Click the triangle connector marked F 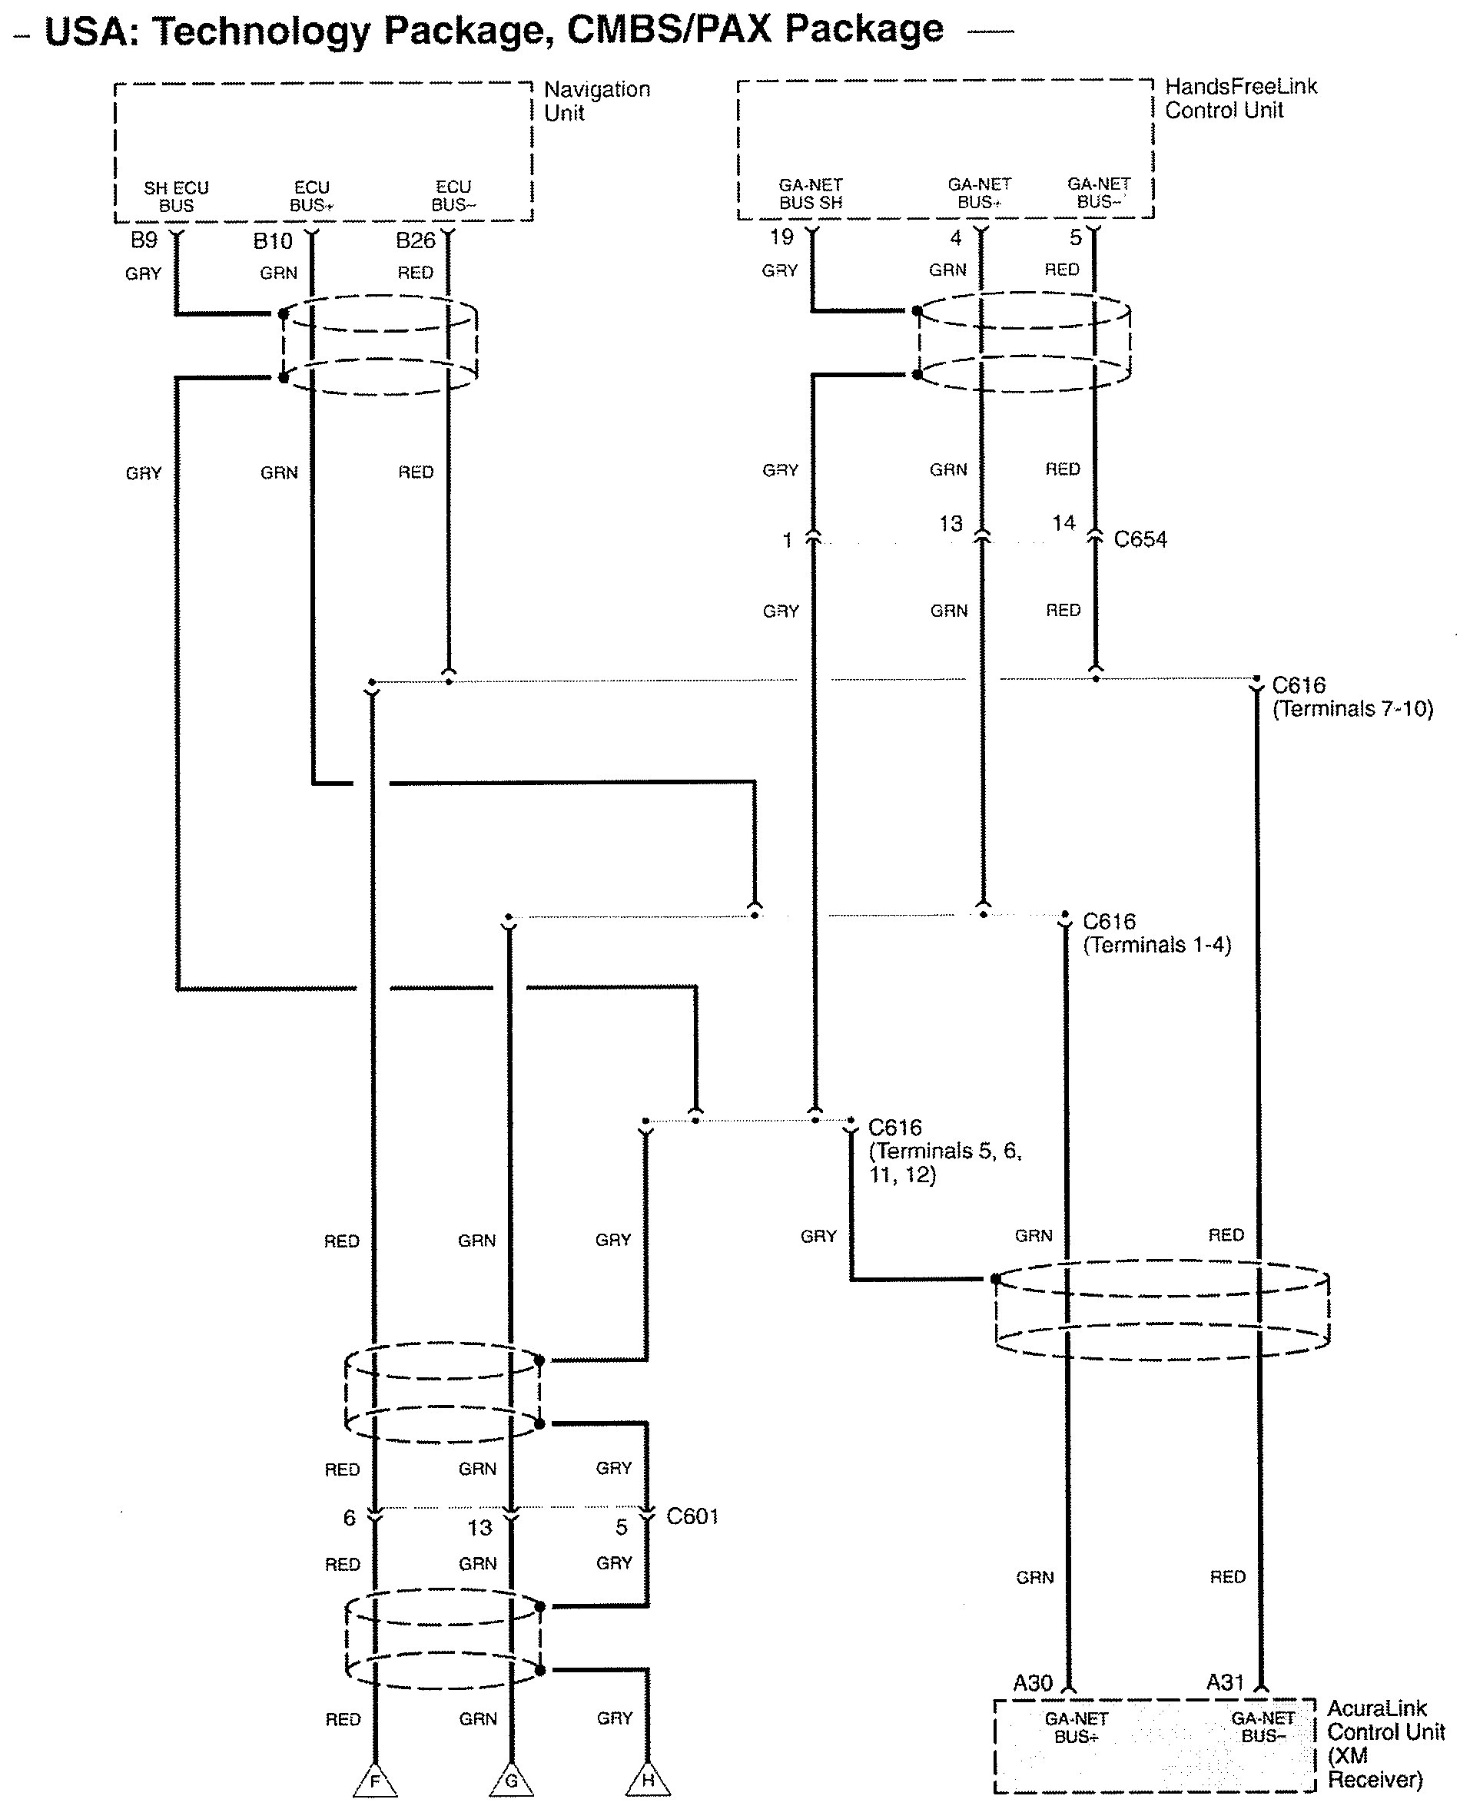(x=375, y=1782)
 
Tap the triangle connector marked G (x=510, y=1782)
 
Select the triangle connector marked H (x=647, y=1782)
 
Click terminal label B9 (x=144, y=240)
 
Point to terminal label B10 (x=273, y=241)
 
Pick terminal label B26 (x=415, y=240)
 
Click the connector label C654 (x=1140, y=539)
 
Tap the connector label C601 (x=692, y=1516)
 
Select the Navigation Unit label (x=596, y=101)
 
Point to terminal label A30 (x=1033, y=1683)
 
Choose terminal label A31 (x=1226, y=1682)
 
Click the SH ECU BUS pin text (x=177, y=197)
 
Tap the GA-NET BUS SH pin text (x=810, y=194)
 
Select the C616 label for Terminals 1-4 (x=1156, y=933)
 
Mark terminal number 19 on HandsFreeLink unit (x=781, y=237)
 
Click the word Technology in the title (x=261, y=31)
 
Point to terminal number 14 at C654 (x=1063, y=523)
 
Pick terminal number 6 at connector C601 (x=350, y=1519)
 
